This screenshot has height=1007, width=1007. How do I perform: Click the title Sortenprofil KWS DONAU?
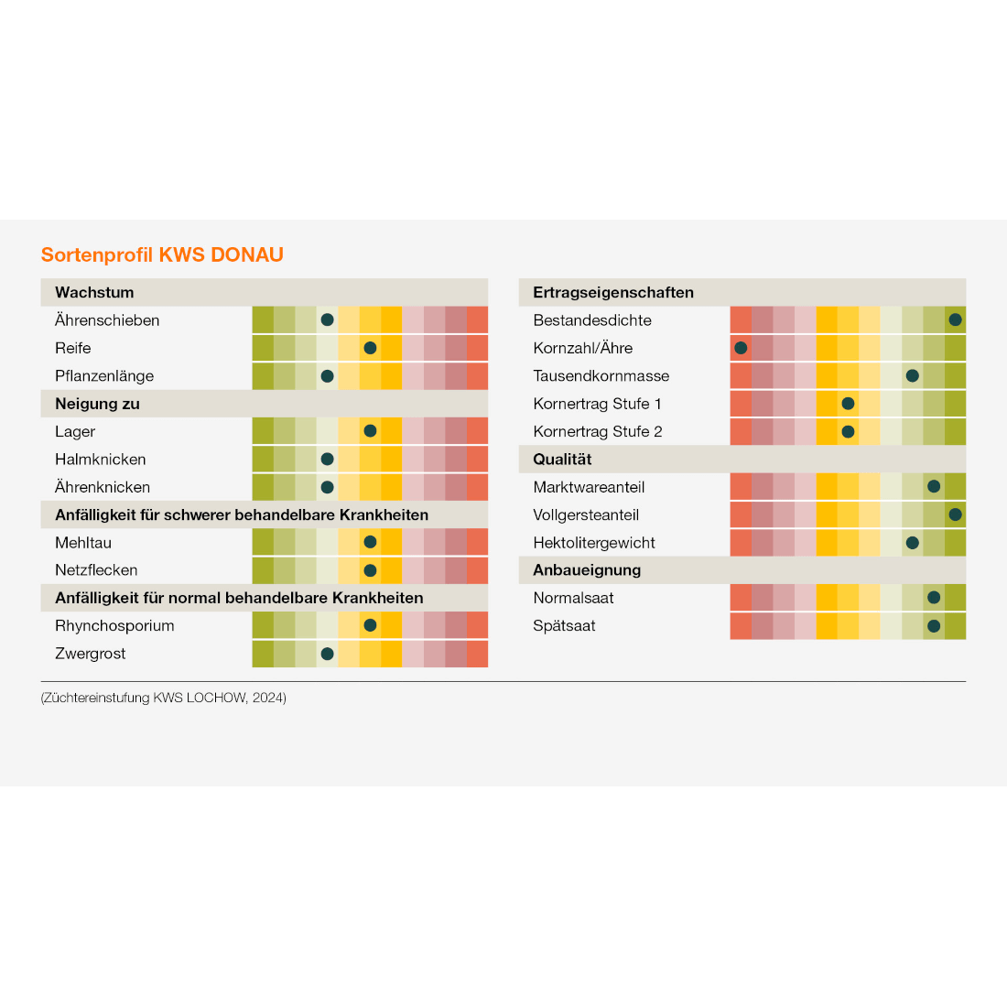click(x=162, y=254)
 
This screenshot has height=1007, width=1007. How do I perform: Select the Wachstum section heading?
click(x=94, y=293)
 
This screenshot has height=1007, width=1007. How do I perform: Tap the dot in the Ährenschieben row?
click(x=327, y=320)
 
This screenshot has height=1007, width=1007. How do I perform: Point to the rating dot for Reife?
click(x=370, y=348)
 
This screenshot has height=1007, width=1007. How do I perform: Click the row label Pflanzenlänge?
click(x=104, y=376)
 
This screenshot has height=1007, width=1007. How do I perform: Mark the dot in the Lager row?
click(x=370, y=431)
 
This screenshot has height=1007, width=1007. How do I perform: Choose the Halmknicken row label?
click(x=101, y=460)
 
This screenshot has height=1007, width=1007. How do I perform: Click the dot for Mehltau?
click(x=370, y=542)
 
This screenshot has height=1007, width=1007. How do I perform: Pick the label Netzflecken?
click(x=96, y=570)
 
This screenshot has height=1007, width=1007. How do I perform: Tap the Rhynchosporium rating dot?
click(x=370, y=625)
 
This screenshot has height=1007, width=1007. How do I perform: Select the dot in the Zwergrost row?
click(x=327, y=654)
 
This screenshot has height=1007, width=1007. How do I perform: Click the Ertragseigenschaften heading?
click(x=613, y=293)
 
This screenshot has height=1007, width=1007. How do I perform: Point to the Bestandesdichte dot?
click(x=955, y=320)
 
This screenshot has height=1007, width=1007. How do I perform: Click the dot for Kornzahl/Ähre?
click(x=741, y=348)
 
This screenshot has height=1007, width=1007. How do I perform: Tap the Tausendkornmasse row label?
click(x=601, y=376)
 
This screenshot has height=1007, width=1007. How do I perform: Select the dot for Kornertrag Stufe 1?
click(x=848, y=404)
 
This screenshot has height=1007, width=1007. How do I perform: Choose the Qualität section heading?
click(x=562, y=460)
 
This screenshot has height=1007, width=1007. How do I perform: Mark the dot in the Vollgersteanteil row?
click(x=955, y=514)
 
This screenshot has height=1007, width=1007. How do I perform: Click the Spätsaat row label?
click(x=564, y=626)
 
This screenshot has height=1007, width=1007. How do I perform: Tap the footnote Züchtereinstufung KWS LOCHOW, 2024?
click(x=164, y=698)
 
